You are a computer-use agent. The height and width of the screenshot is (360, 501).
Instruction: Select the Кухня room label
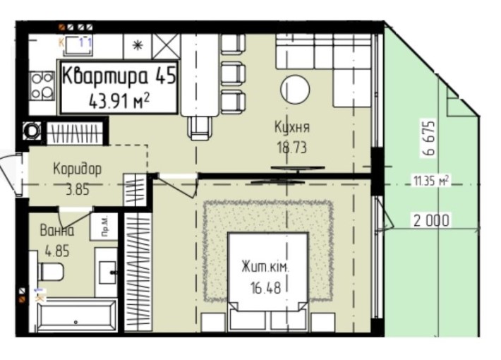point(292,128)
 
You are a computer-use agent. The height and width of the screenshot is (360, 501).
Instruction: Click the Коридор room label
point(77,169)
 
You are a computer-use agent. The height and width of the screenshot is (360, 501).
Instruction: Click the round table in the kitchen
point(295,90)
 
